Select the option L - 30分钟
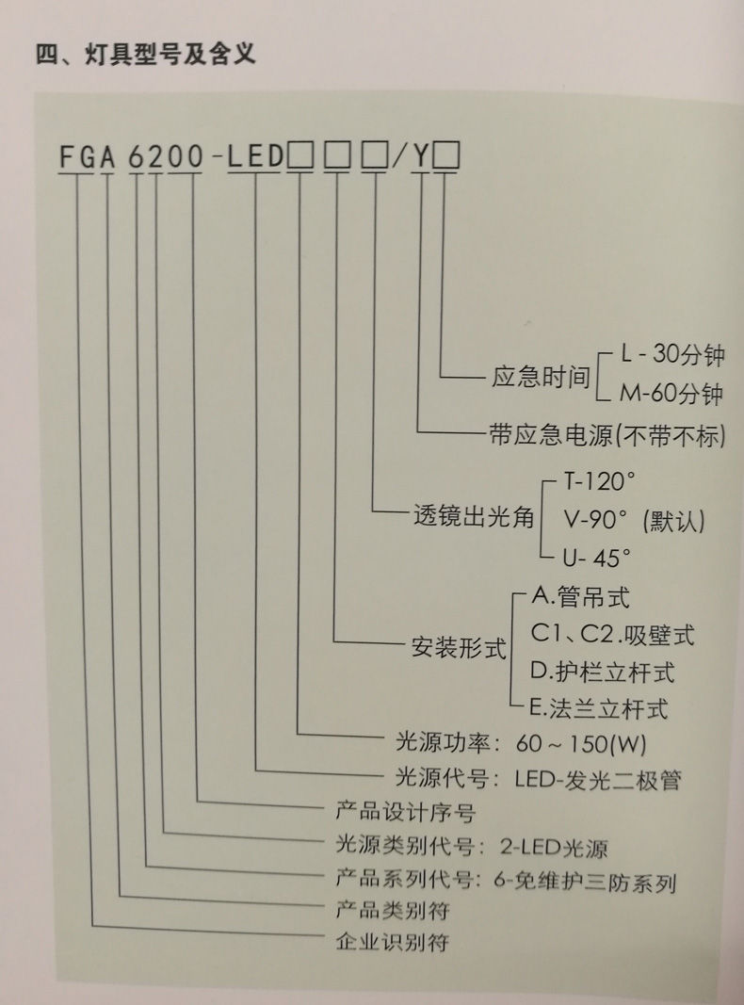(x=671, y=356)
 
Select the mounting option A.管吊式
(x=580, y=596)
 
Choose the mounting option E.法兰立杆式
(x=599, y=708)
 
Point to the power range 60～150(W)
(x=581, y=743)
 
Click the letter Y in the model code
(x=421, y=158)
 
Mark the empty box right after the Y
(x=447, y=158)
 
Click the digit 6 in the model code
(x=136, y=158)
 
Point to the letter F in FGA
(x=68, y=158)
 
